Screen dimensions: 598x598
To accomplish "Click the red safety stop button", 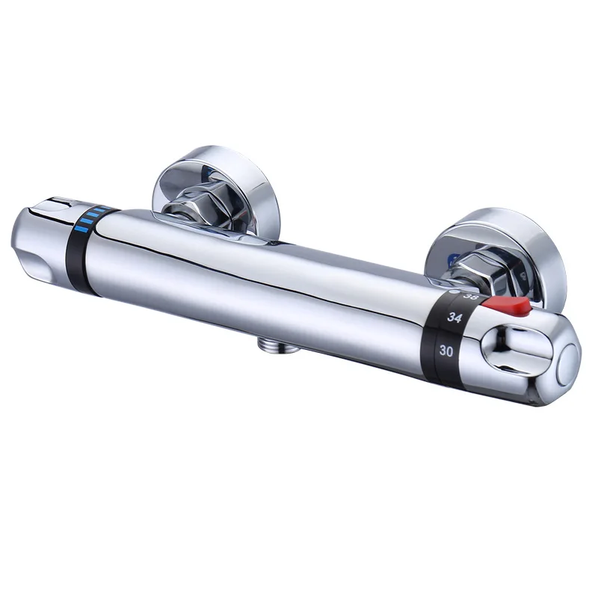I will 510,306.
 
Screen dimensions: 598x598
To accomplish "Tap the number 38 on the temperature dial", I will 471,297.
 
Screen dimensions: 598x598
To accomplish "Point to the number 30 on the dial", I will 446,350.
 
